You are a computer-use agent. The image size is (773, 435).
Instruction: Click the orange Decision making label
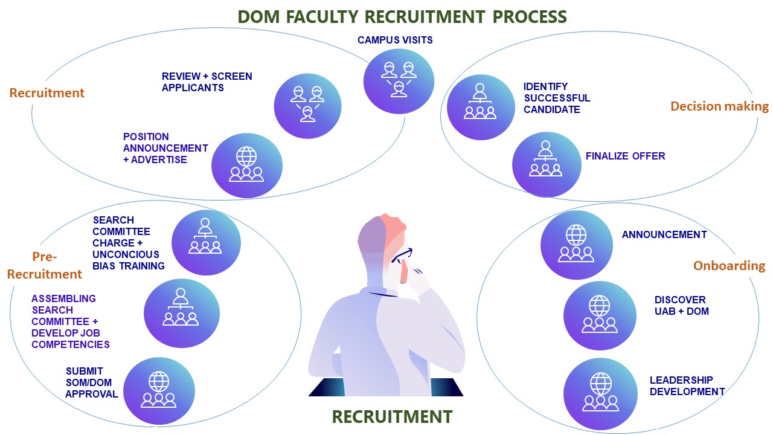click(719, 106)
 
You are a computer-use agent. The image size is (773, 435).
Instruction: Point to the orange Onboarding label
click(729, 266)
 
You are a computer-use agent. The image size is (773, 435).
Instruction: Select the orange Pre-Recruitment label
click(45, 266)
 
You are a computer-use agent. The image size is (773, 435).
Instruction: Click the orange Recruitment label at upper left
click(47, 93)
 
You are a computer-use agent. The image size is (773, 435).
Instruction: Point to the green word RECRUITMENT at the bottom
click(392, 417)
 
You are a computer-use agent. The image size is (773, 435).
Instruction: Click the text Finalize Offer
click(625, 156)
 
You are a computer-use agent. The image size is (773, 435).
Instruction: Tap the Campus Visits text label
click(395, 40)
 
